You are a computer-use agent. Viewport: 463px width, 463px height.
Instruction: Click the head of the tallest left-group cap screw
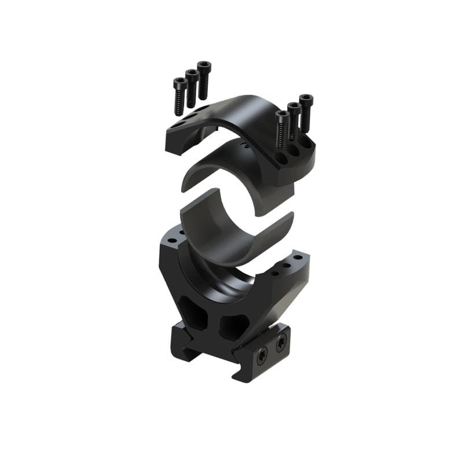204,66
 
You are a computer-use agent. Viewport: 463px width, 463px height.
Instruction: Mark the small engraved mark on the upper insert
247,145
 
